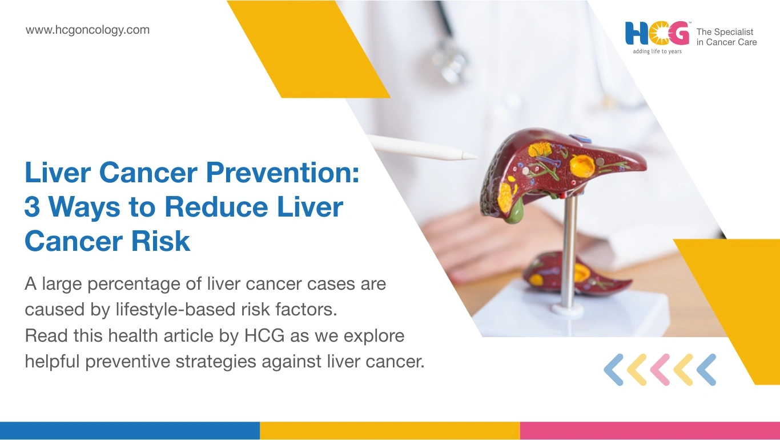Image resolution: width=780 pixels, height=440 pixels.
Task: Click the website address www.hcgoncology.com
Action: click(x=87, y=30)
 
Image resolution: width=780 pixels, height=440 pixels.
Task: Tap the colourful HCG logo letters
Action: click(x=657, y=34)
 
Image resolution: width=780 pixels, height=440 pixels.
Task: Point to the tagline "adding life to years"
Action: click(x=657, y=51)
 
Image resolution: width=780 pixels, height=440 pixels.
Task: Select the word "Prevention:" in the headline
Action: click(x=283, y=172)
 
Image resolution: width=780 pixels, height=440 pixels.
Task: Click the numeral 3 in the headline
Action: click(x=32, y=207)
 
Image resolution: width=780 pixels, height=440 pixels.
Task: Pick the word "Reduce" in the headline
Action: click(x=216, y=207)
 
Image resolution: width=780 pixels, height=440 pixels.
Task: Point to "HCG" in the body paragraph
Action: click(x=264, y=335)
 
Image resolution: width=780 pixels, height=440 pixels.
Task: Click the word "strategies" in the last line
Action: click(x=215, y=362)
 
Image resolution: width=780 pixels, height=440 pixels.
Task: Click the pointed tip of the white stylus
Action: click(x=476, y=158)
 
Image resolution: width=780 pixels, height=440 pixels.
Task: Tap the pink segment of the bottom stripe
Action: click(x=650, y=431)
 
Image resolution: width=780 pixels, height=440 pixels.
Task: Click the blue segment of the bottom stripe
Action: click(x=130, y=431)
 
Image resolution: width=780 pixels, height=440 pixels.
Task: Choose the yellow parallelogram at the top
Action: click(x=308, y=49)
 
